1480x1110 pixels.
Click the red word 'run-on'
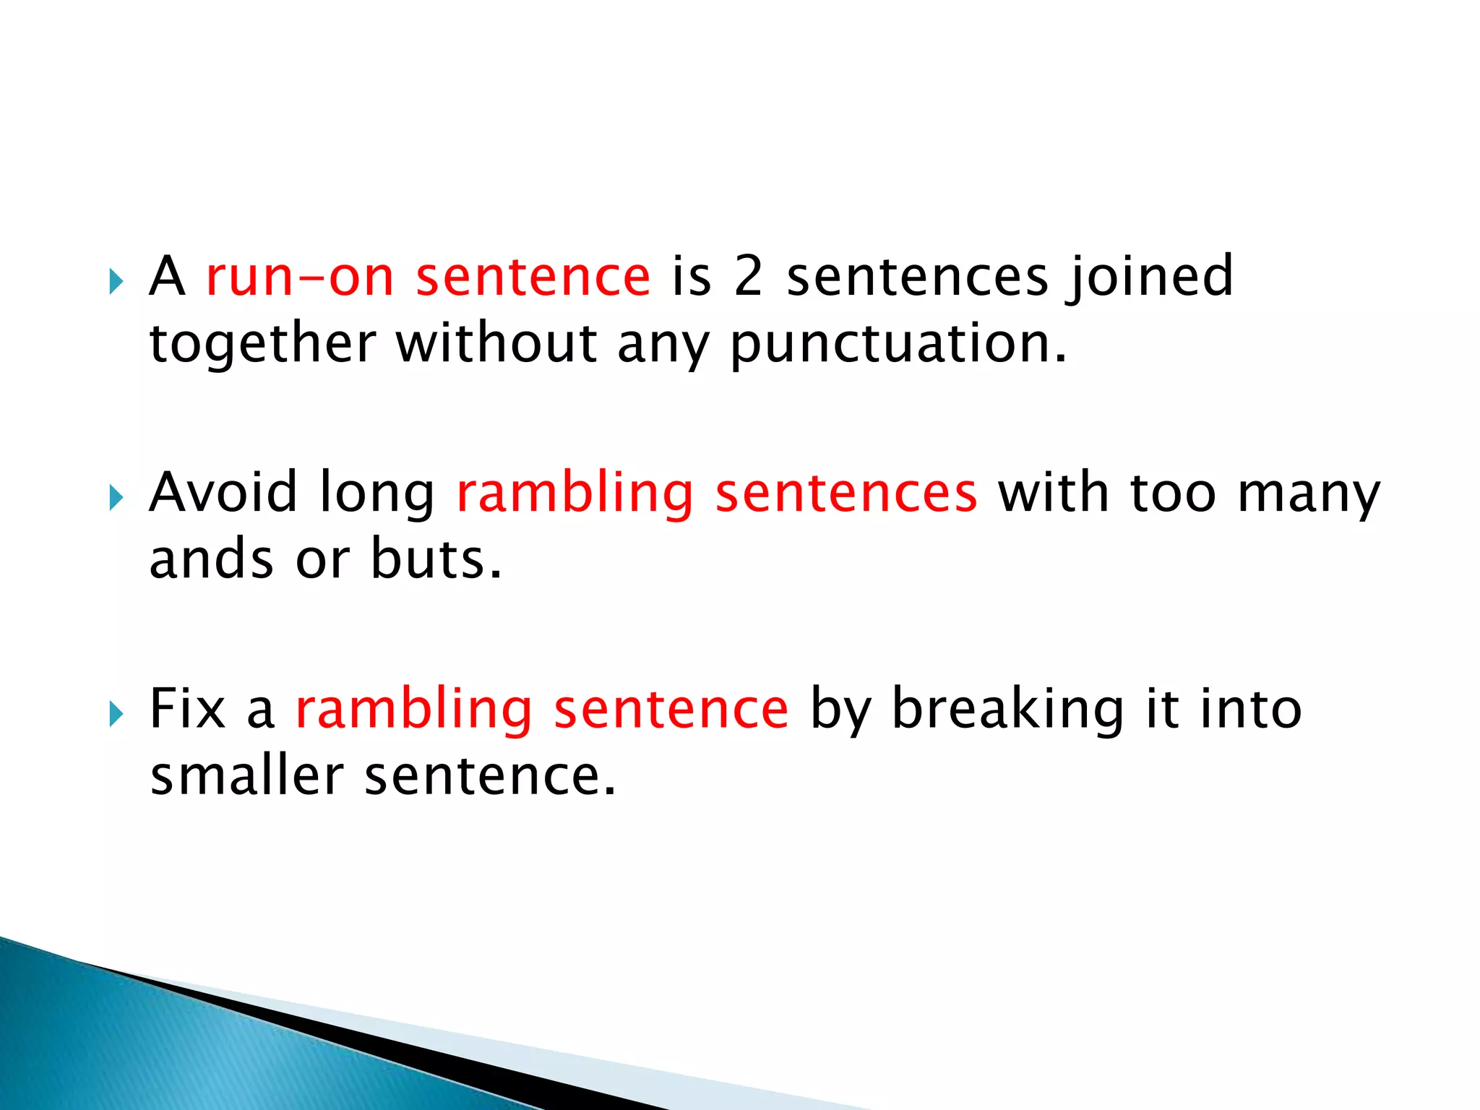299,277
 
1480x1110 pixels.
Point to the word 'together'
262,344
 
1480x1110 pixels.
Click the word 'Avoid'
223,493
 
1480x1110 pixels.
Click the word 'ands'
211,559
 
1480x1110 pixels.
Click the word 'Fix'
187,709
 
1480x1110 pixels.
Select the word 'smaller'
246,776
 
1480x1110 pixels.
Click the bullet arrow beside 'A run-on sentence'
116,281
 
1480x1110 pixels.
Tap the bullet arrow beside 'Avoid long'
116,497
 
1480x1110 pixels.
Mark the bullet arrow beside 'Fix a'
116,714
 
